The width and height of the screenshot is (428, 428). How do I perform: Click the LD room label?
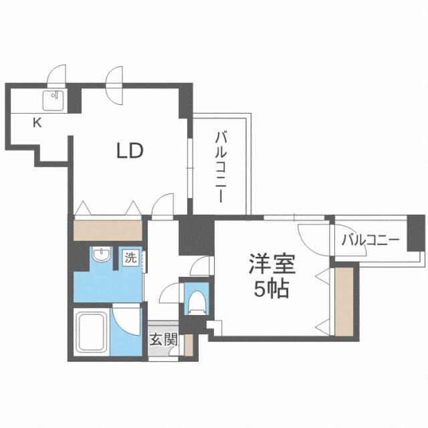[130, 151]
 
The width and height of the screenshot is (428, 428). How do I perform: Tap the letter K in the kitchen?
[37, 122]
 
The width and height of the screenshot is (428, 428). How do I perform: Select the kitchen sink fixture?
[54, 100]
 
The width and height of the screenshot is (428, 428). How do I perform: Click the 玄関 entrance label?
[163, 340]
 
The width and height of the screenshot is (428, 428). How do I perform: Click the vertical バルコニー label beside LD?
[219, 167]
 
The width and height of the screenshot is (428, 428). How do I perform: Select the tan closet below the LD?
[108, 230]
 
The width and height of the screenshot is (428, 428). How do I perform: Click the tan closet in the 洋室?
[343, 300]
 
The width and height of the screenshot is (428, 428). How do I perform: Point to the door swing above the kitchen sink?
[58, 76]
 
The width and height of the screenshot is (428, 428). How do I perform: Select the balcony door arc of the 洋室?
[312, 235]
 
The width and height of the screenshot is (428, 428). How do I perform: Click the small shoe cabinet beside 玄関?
[189, 345]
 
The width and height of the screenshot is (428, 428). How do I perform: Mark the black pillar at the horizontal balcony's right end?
[417, 233]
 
